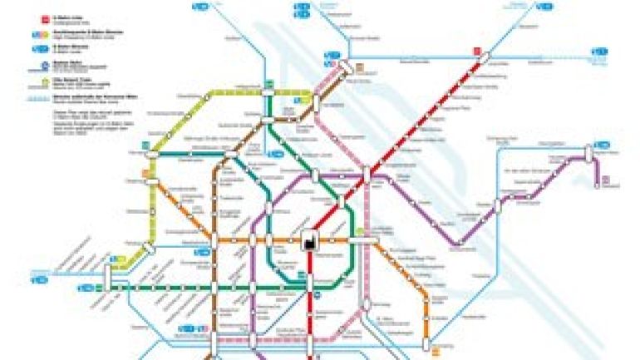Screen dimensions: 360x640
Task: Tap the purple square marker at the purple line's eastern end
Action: (605, 177)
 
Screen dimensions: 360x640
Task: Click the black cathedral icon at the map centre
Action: (308, 241)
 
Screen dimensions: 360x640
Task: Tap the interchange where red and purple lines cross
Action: (366, 175)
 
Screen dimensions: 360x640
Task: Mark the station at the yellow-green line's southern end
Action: (119, 265)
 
